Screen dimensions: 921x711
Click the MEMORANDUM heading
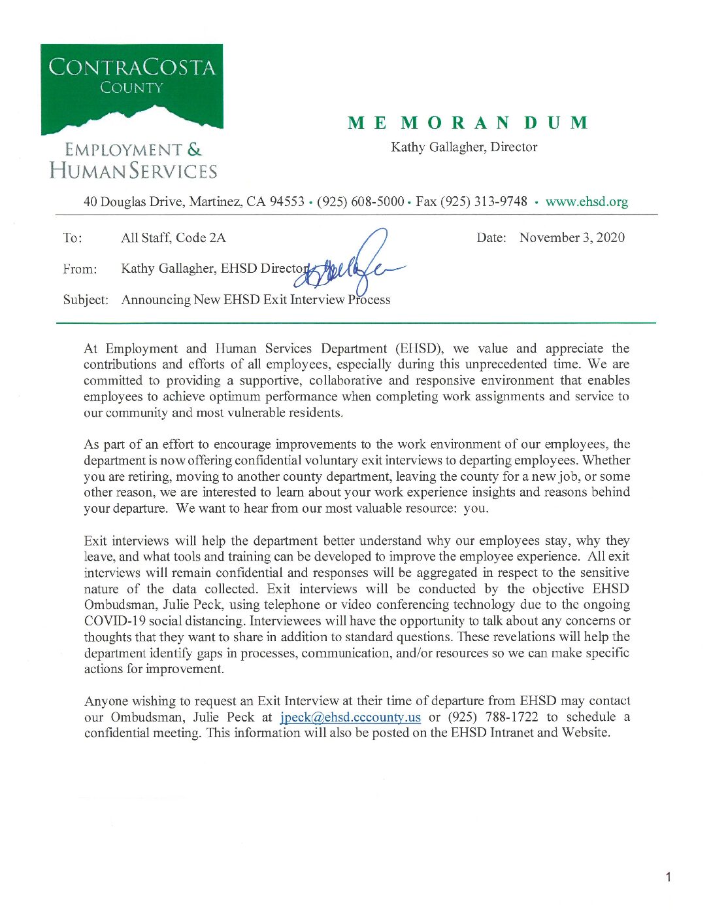(468, 123)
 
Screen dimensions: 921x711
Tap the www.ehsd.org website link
(586, 202)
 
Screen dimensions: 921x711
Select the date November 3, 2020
(572, 237)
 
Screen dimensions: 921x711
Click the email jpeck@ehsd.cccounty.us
(350, 718)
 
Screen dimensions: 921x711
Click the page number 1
(668, 877)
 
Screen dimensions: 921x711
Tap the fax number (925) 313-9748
(483, 201)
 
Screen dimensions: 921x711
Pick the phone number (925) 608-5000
(360, 201)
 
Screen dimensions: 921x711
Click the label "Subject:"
(86, 300)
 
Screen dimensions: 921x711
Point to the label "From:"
(80, 269)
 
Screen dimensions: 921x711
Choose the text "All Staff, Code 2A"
(173, 237)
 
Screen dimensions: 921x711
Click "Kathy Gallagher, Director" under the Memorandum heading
(464, 147)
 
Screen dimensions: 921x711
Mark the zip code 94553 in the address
(287, 201)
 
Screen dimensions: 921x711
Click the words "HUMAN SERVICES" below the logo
(133, 171)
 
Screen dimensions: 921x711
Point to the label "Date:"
(491, 237)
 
